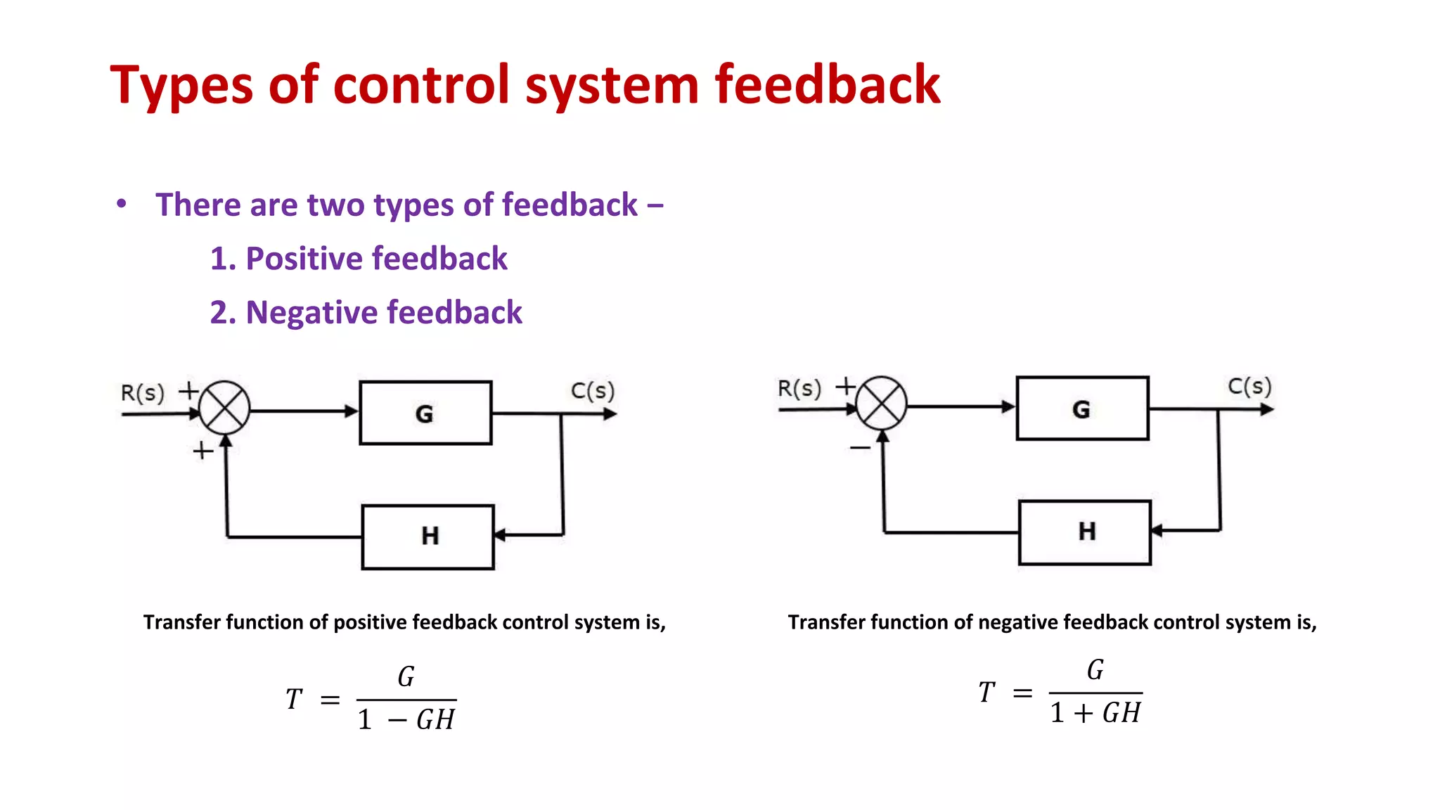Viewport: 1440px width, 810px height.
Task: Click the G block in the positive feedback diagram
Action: click(x=425, y=413)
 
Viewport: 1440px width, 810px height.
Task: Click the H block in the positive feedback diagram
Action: click(x=428, y=536)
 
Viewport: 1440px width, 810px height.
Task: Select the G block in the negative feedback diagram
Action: click(x=1082, y=409)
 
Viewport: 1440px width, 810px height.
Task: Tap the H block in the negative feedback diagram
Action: click(x=1085, y=532)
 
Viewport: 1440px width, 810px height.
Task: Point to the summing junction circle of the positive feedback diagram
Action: click(x=224, y=408)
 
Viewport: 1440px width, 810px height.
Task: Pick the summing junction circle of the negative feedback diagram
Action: click(x=881, y=404)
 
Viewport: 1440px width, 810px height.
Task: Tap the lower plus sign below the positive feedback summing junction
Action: click(x=202, y=450)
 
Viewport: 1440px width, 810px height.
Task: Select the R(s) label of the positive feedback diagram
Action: click(x=142, y=392)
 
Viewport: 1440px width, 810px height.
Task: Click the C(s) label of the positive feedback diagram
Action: click(x=592, y=390)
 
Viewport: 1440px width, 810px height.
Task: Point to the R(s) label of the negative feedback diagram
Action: click(x=799, y=388)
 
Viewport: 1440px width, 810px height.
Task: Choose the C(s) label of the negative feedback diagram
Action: click(x=1249, y=386)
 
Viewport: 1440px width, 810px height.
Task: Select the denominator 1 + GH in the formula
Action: click(x=1095, y=713)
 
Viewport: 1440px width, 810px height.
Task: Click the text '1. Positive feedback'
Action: click(x=359, y=259)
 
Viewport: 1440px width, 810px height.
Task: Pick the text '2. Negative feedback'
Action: click(x=366, y=312)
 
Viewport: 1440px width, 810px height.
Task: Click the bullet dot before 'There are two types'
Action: click(x=122, y=204)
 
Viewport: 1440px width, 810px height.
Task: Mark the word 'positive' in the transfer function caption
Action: click(x=370, y=622)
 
